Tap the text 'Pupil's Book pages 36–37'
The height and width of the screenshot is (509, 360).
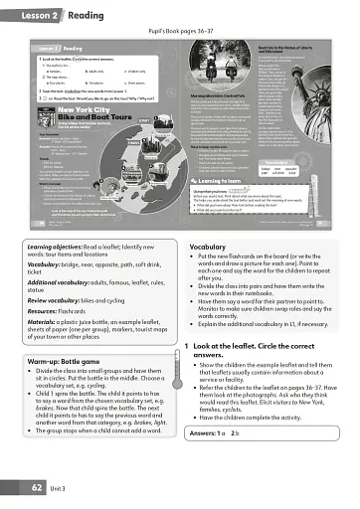coord(179,31)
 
